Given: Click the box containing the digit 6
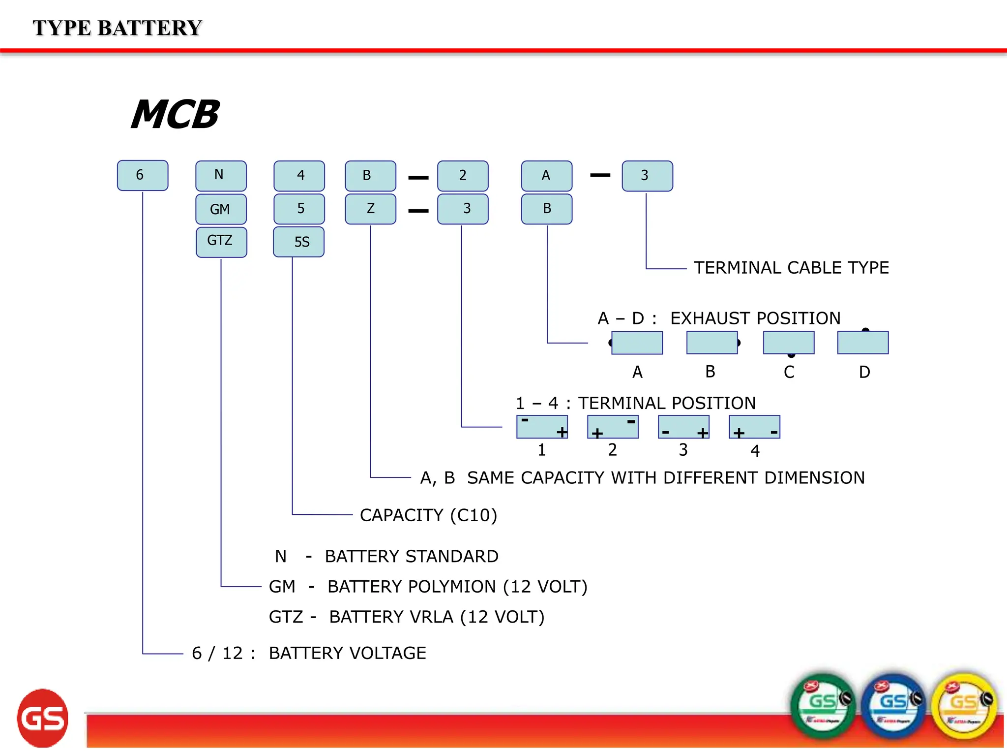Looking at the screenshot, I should (143, 175).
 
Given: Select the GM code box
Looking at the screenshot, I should (221, 209).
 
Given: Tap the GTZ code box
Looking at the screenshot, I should (221, 242).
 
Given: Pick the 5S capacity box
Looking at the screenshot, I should (298, 242).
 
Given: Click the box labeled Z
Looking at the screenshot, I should (370, 209).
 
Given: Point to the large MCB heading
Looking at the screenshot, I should (175, 115).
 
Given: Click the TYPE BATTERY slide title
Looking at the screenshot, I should (117, 28).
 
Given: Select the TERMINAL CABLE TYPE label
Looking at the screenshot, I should (791, 268).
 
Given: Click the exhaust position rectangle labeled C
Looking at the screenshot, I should (789, 343).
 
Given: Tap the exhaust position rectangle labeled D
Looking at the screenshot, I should (863, 343).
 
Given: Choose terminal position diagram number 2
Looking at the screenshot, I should (613, 427).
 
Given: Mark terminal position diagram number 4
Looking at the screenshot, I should (754, 427).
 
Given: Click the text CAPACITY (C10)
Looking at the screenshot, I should (428, 515).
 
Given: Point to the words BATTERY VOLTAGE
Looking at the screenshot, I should (347, 653).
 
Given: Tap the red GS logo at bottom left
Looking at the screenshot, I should (43, 718).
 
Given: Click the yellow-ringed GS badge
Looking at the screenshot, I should (965, 706).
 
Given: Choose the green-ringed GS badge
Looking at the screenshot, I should (823, 706).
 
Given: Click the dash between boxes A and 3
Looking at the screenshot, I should (600, 175).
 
